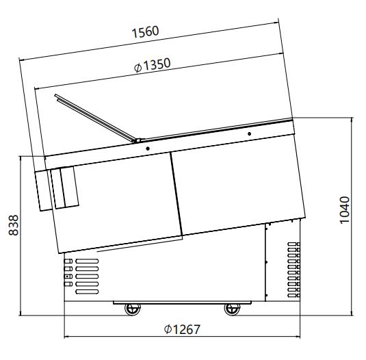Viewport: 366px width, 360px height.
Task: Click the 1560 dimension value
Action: click(x=145, y=31)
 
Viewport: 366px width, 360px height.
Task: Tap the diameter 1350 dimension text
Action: click(x=152, y=65)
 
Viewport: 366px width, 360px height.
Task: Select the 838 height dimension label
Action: click(x=13, y=225)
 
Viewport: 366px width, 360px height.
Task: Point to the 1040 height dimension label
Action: click(x=345, y=210)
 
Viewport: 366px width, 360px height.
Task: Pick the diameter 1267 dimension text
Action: click(x=182, y=329)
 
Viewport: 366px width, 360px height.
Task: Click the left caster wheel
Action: click(x=133, y=309)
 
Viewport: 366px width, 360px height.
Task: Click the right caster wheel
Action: click(x=232, y=309)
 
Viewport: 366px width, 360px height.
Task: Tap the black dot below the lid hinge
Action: click(x=148, y=149)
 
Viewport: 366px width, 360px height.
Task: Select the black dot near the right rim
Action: click(x=249, y=133)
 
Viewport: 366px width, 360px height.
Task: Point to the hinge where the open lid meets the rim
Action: click(x=137, y=140)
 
